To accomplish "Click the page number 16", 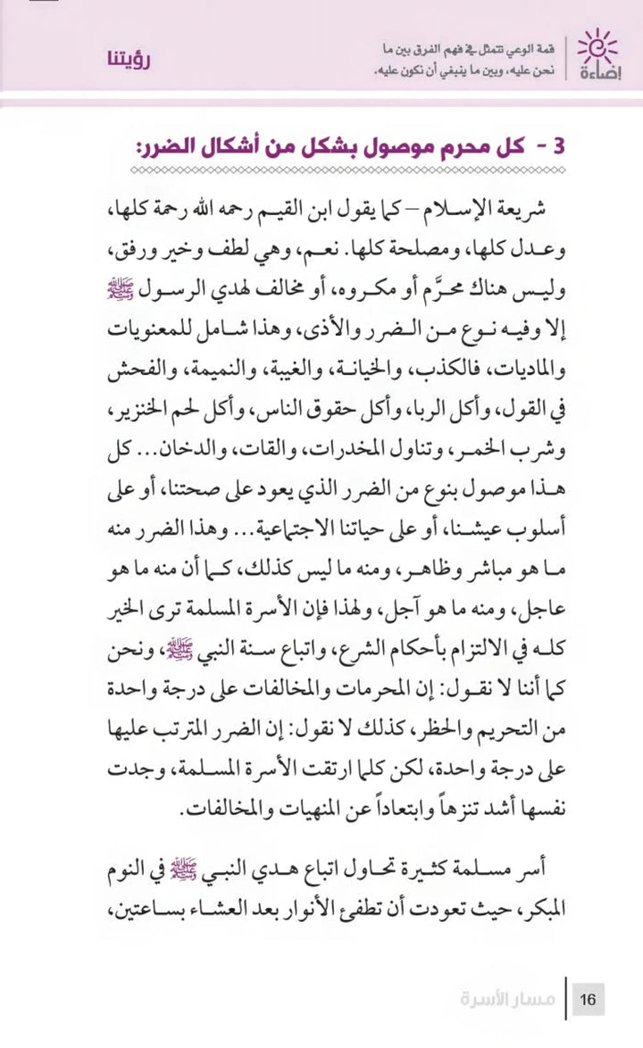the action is (589, 997).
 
